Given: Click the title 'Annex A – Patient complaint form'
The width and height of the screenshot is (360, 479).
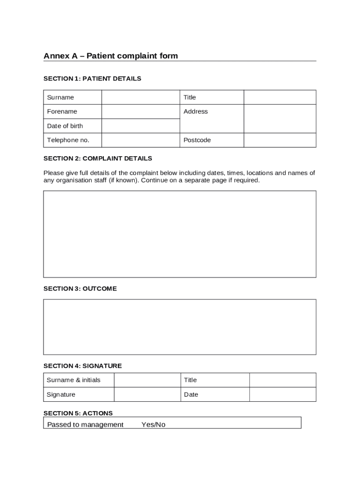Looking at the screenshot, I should [x=111, y=56].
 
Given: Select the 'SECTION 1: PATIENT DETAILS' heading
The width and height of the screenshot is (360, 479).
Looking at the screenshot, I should [x=92, y=79].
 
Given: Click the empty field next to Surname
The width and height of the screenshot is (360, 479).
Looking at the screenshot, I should [x=141, y=97].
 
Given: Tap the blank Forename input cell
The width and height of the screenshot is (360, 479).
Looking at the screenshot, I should [x=141, y=112].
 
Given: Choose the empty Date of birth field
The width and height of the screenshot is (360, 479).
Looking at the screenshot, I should [x=141, y=126].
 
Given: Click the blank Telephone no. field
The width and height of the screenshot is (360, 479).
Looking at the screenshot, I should [x=141, y=140].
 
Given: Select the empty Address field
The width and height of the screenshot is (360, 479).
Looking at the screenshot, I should [x=280, y=119].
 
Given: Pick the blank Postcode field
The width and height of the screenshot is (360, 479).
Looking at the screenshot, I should [x=280, y=140].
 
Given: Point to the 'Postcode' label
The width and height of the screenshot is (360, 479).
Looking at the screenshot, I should [x=197, y=140].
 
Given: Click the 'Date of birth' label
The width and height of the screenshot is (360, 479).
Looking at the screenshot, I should [x=65, y=126].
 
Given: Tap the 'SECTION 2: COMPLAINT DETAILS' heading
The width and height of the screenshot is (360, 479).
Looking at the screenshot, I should [x=98, y=159].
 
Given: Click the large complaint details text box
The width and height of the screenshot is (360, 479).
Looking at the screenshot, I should [x=180, y=234].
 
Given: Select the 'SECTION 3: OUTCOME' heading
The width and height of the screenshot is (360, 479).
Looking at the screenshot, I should [x=80, y=289].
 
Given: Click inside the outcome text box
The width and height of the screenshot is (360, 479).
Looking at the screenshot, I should [x=180, y=327].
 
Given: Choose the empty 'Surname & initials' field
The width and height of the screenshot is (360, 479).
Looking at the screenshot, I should [x=147, y=380].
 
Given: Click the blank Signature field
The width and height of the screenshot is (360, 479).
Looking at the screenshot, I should [x=147, y=395].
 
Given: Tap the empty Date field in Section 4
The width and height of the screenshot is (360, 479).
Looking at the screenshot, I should [x=282, y=395].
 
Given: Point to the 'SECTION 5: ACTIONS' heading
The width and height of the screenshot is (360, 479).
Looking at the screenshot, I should [x=78, y=413].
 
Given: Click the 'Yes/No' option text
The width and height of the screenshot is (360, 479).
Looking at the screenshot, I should [x=153, y=425].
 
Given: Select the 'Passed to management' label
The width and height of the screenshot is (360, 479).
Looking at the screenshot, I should [x=86, y=425].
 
